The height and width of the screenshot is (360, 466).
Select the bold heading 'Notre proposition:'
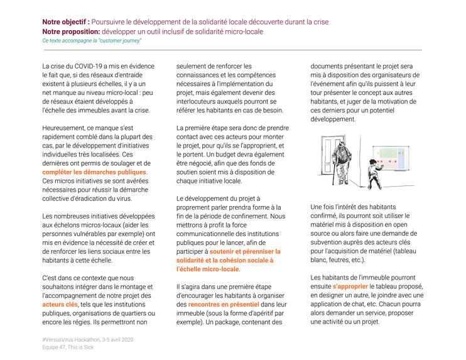pyautogui.click(x=70, y=31)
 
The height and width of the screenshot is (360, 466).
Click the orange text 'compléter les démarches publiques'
pyautogui.click(x=95, y=172)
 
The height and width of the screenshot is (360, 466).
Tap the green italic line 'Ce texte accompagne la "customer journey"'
pyautogui.click(x=92, y=40)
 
